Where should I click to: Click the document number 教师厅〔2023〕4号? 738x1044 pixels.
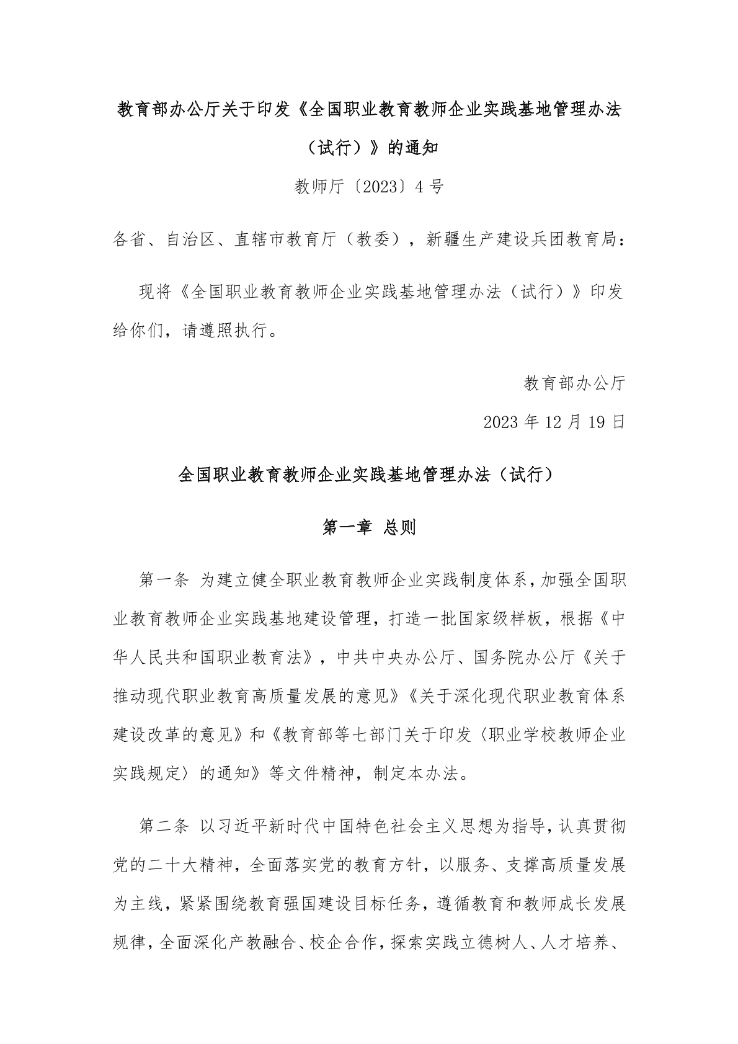[369, 186]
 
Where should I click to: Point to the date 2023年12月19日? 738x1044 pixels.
[554, 422]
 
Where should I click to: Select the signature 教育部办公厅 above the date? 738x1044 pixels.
[575, 383]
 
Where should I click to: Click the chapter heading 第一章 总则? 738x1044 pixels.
[370, 528]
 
